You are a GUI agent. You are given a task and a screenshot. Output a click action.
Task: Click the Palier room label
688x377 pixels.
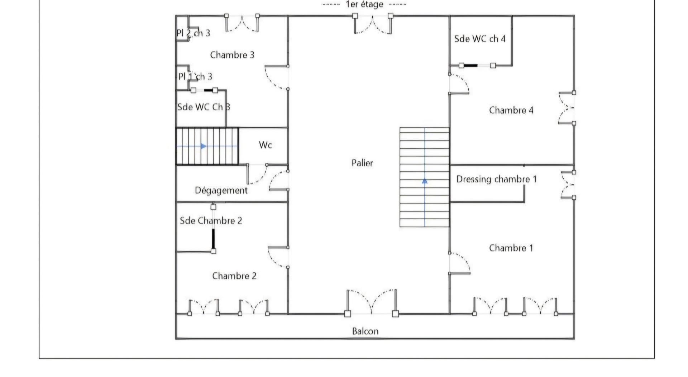click(x=362, y=163)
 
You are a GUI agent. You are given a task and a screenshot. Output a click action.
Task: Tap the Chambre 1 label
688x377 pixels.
click(x=511, y=248)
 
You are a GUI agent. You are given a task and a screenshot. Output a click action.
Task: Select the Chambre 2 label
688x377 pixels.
click(x=234, y=276)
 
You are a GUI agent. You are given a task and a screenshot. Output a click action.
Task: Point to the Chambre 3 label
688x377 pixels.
click(x=232, y=55)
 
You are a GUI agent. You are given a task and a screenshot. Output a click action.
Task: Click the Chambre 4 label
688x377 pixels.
click(x=511, y=110)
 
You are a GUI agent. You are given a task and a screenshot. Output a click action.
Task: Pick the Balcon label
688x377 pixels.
click(x=365, y=331)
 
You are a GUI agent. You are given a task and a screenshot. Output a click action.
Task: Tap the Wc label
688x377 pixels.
click(x=266, y=145)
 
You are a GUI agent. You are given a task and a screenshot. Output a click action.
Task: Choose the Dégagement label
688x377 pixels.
click(x=221, y=190)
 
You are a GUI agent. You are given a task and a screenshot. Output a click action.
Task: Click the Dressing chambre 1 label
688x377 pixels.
click(x=496, y=179)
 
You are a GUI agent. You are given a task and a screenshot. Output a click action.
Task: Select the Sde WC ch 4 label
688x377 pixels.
click(x=480, y=39)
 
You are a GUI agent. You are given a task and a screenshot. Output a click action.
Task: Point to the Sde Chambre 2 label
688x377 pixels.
click(x=211, y=220)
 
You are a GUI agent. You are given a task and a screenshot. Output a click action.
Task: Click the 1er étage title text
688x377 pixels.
click(x=364, y=5)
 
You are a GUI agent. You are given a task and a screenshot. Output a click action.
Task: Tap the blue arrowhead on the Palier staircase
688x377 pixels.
click(x=425, y=181)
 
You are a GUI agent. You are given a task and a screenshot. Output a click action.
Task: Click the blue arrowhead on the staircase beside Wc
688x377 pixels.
click(x=204, y=146)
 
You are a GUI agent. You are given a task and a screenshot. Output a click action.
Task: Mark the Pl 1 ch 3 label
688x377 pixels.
click(x=195, y=76)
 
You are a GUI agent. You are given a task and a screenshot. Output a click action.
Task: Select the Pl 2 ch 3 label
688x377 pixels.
click(x=193, y=33)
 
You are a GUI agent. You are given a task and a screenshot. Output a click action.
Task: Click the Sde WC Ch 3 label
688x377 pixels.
click(x=204, y=107)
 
